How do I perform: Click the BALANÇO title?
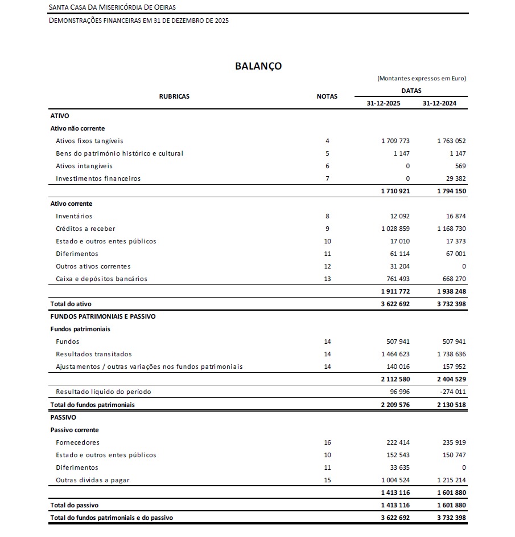[x=258, y=66]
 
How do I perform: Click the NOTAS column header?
[x=327, y=96]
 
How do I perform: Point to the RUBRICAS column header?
[x=174, y=96]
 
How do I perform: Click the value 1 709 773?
[x=395, y=141]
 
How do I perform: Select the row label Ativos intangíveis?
[x=84, y=166]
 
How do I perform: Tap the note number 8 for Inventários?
[x=327, y=216]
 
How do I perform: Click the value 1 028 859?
[x=395, y=229]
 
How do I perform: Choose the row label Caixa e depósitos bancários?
[x=101, y=279]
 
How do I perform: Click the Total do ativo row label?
[x=71, y=304]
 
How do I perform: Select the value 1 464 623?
[x=395, y=354]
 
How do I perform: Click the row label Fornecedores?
[x=77, y=442]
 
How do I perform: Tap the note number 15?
[x=327, y=480]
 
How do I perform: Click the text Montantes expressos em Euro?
[x=422, y=79]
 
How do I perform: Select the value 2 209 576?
[x=395, y=405]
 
